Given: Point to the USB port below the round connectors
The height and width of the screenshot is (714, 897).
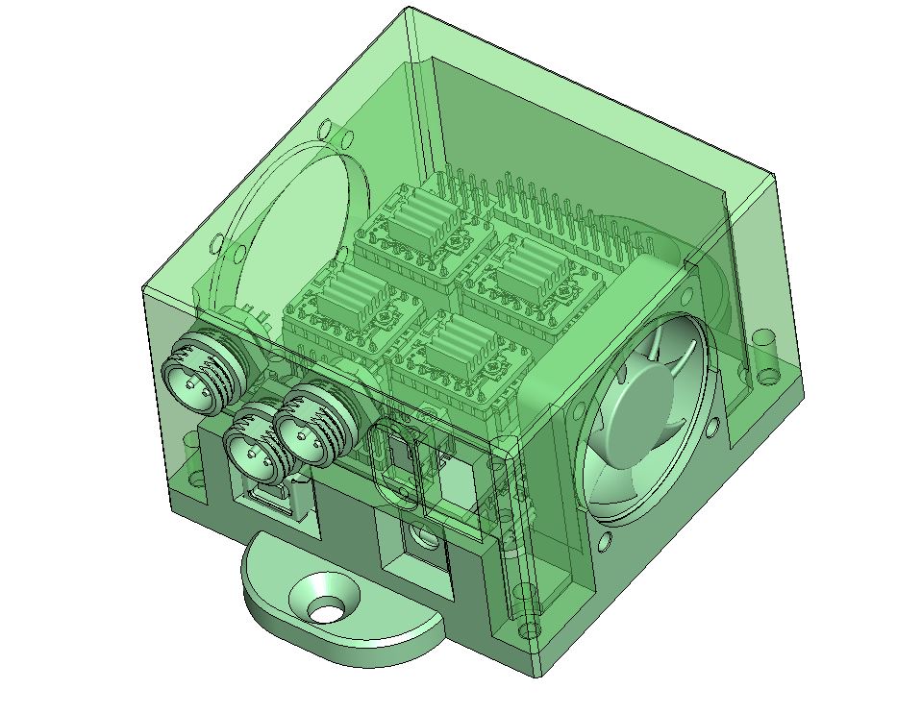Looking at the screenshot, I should (x=270, y=499).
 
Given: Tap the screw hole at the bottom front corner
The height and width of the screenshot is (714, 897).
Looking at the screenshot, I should (x=533, y=629).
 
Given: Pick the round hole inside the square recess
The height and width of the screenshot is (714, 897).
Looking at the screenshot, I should (x=418, y=533).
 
